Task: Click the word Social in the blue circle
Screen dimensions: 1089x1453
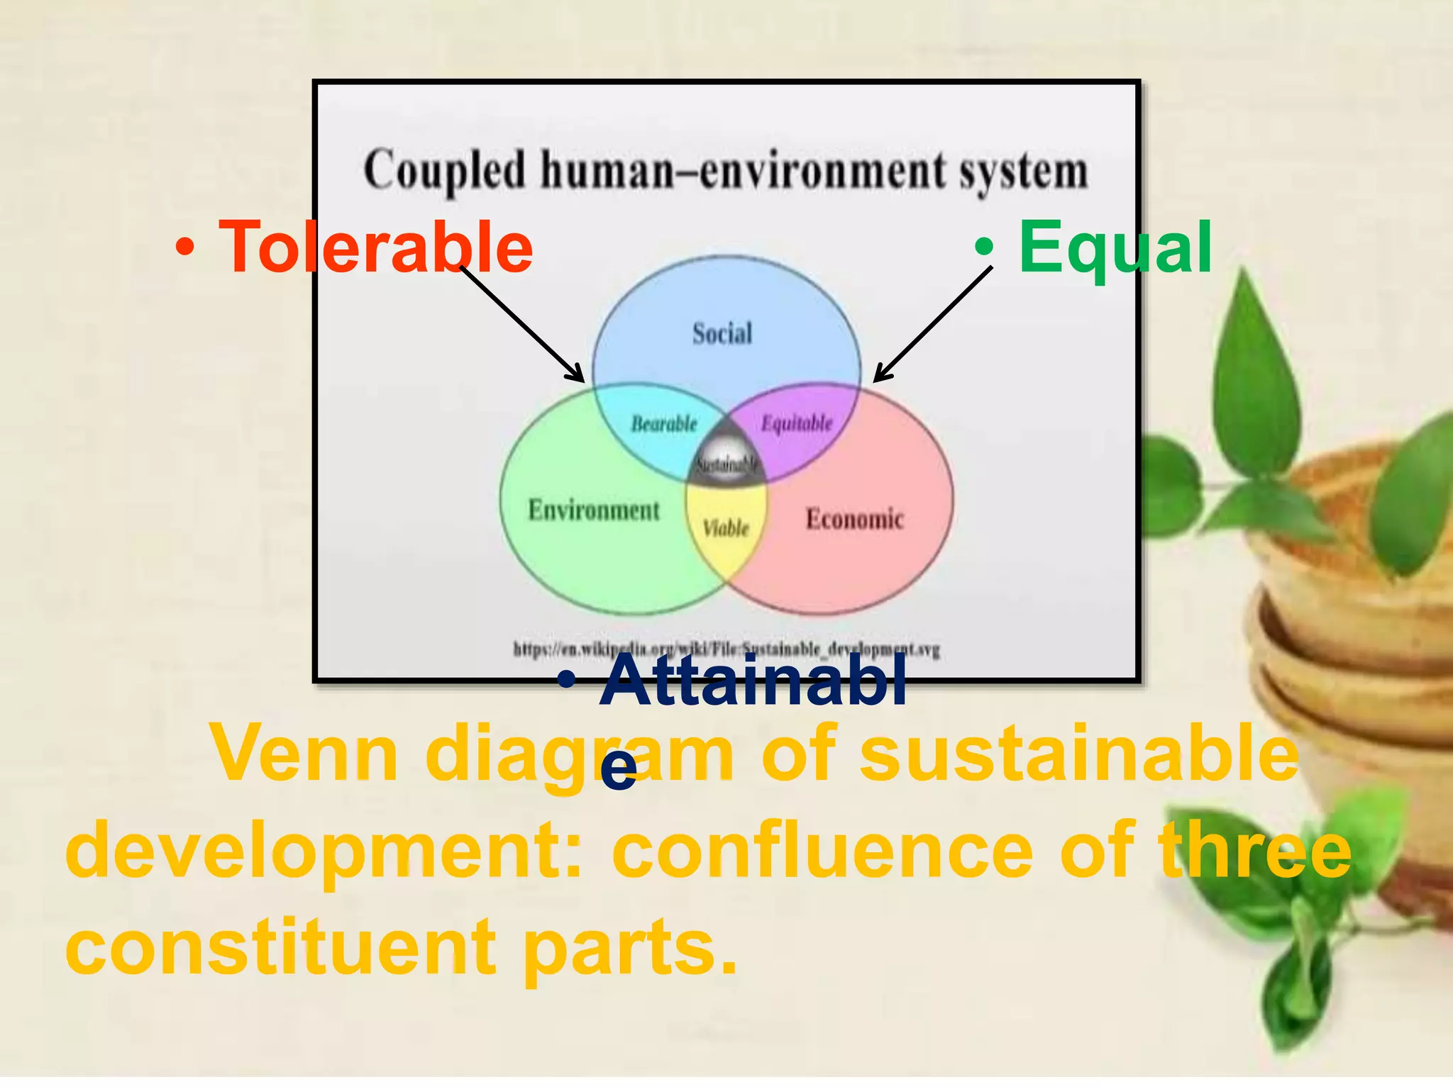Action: (x=722, y=333)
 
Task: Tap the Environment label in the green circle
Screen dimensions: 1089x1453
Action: (x=594, y=510)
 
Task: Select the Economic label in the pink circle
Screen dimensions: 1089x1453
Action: (x=854, y=519)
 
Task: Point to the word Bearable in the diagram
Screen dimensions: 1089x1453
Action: (x=664, y=424)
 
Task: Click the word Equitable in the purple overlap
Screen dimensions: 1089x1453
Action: (x=797, y=423)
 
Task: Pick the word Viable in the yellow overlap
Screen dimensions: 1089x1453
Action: (x=726, y=528)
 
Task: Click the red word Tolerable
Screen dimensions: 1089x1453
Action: (x=376, y=247)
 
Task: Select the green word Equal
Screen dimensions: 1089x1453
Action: (x=1115, y=247)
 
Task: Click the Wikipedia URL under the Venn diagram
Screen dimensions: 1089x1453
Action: (x=726, y=649)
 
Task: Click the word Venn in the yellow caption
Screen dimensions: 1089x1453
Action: (x=305, y=754)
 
